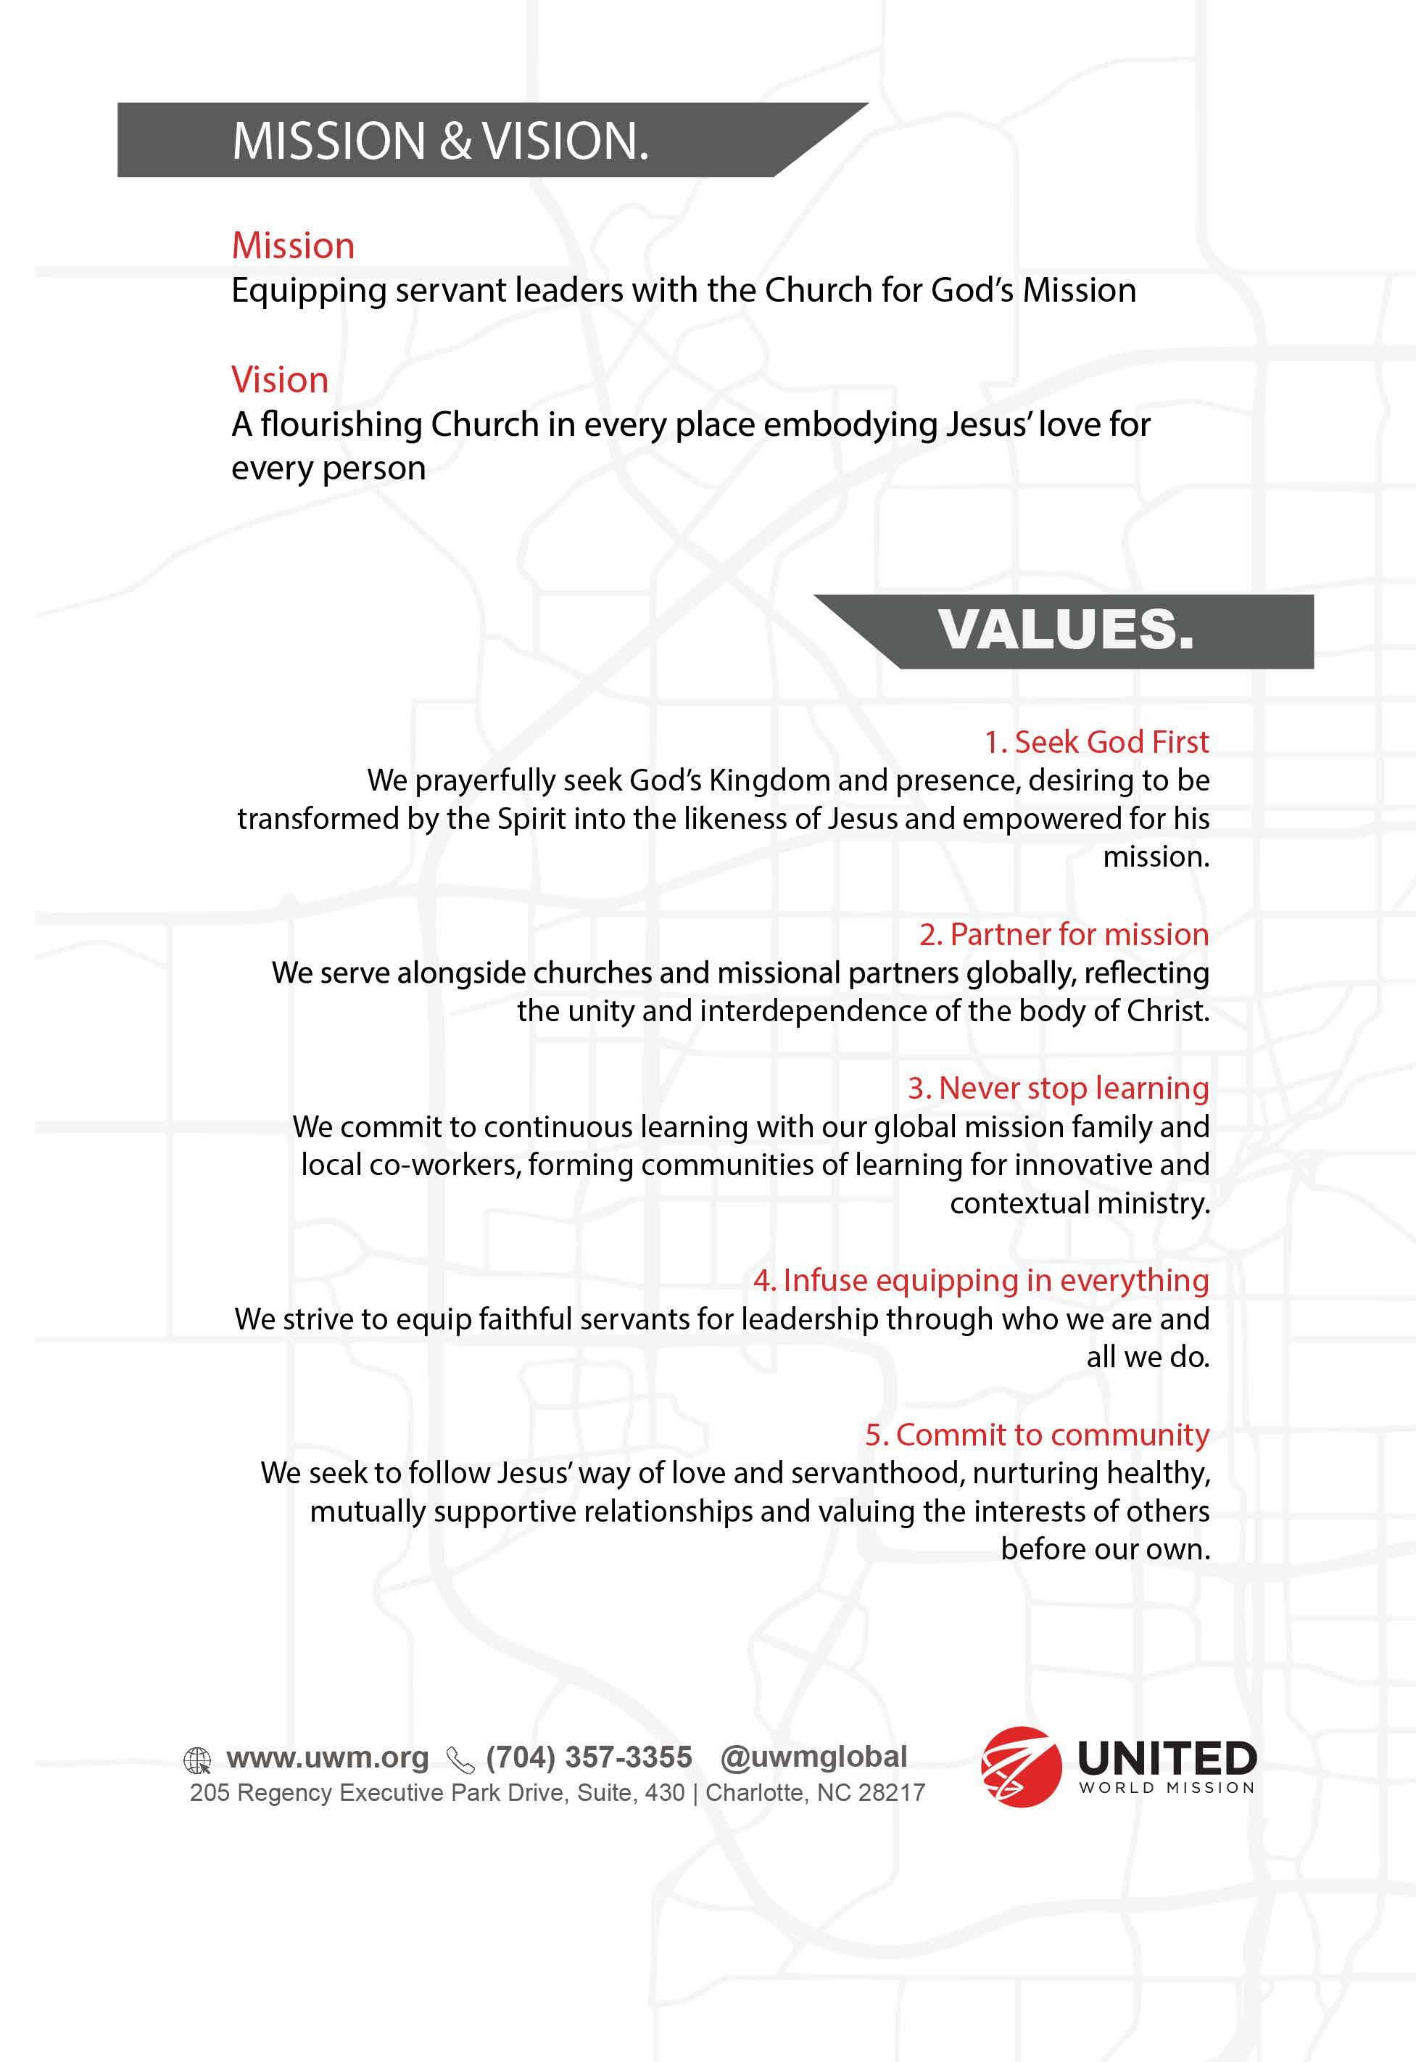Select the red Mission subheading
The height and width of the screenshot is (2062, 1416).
click(x=293, y=246)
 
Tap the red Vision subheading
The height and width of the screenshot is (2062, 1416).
click(x=279, y=380)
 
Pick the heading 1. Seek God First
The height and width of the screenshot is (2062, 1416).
click(x=1096, y=742)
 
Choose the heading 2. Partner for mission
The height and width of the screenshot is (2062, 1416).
click(x=1064, y=934)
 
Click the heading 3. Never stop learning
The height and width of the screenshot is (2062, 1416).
click(x=1058, y=1088)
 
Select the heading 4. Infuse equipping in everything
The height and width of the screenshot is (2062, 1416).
click(x=981, y=1280)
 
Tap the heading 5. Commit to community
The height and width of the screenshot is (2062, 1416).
click(x=1037, y=1435)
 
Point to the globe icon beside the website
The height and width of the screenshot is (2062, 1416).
click(x=197, y=1760)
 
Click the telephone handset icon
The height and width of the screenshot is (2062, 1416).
click(x=460, y=1760)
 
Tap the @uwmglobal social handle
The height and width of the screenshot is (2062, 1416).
click(x=813, y=1757)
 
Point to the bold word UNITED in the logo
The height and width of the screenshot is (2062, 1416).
click(x=1167, y=1757)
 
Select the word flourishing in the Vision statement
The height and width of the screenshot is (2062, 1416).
click(x=341, y=425)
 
